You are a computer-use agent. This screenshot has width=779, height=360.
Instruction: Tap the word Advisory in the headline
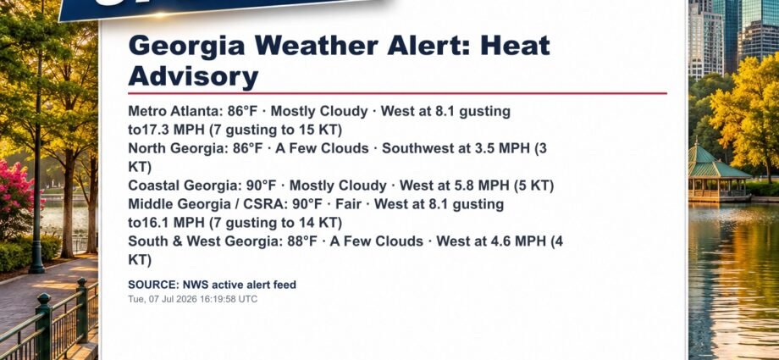pyautogui.click(x=193, y=76)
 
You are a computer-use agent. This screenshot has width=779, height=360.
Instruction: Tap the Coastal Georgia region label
pyautogui.click(x=182, y=186)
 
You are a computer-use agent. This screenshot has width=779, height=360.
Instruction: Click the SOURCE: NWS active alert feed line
pyautogui.click(x=213, y=285)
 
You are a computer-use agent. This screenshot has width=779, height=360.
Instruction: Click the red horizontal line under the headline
pyautogui.click(x=397, y=93)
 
